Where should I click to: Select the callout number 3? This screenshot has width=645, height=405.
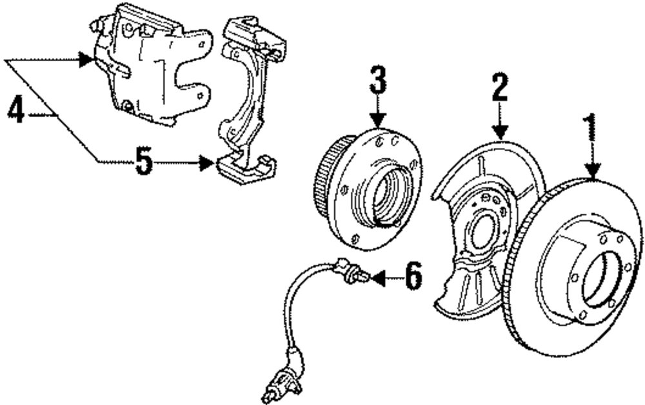click(x=377, y=80)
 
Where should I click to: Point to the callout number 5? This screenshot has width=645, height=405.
click(x=144, y=162)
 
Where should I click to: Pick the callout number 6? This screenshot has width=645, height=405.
click(x=413, y=278)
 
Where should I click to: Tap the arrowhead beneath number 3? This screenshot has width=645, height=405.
click(x=378, y=120)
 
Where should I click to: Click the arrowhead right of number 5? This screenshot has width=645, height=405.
click(x=207, y=162)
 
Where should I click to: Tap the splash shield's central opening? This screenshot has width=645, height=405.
click(x=483, y=232)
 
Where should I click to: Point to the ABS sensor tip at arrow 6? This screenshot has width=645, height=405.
click(x=364, y=278)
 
